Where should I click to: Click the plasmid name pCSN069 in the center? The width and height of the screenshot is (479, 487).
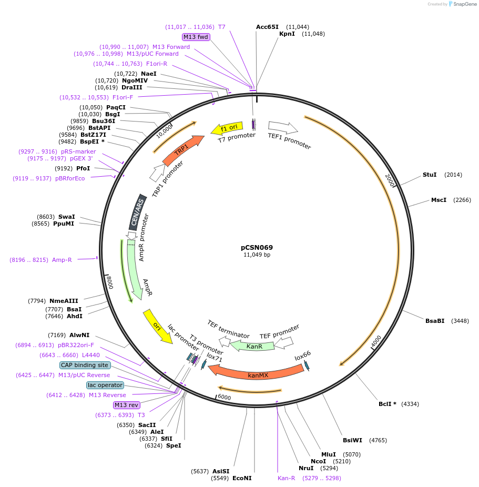click(x=257, y=247)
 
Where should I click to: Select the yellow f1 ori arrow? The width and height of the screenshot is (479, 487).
click(x=227, y=128)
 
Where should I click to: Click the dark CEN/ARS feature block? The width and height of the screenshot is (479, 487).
click(x=138, y=212)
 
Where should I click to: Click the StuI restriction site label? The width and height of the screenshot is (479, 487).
click(x=430, y=175)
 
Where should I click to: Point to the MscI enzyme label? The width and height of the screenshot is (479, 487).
click(x=439, y=200)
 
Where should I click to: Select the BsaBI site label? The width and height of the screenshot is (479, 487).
click(x=435, y=321)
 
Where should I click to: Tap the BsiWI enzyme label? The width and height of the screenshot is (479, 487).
click(x=352, y=440)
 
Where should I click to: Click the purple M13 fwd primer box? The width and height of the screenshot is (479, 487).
click(x=196, y=37)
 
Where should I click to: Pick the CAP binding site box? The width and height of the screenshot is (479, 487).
click(x=85, y=365)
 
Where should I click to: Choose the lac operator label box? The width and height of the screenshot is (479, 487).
click(x=105, y=385)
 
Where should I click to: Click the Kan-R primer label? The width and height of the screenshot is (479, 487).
click(x=287, y=478)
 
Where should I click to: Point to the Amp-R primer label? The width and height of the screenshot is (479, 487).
click(x=62, y=260)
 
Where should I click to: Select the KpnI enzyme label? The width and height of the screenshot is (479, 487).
click(x=287, y=34)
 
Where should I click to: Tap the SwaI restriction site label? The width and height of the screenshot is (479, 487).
click(x=67, y=216)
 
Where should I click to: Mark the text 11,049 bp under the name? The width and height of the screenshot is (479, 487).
click(x=257, y=255)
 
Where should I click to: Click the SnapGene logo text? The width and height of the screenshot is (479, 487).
click(x=465, y=4)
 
